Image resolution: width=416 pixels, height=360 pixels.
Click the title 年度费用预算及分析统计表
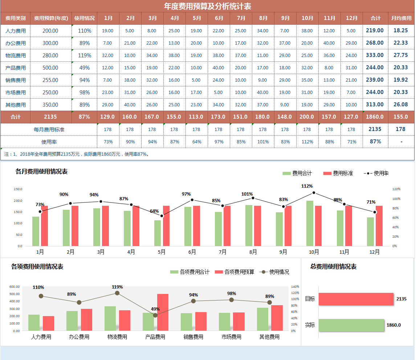click(207, 6)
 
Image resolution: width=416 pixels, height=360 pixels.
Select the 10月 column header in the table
click(307, 18)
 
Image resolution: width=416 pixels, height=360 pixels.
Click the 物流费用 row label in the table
click(16, 56)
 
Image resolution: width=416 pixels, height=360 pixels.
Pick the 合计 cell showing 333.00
click(375, 55)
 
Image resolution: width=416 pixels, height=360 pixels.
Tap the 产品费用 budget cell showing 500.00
click(50, 68)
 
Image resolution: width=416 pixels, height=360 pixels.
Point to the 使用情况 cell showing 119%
click(85, 56)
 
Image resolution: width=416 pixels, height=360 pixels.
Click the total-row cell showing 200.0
click(307, 117)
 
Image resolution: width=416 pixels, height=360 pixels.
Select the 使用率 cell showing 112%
click(307, 142)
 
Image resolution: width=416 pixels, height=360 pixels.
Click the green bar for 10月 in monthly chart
click(310, 223)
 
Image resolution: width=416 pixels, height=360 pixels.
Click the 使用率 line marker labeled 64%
click(162, 216)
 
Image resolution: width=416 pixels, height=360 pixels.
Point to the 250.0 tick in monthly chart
click(18, 189)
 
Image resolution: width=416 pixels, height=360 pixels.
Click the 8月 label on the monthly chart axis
click(253, 252)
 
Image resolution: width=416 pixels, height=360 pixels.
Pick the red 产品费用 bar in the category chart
click(163, 312)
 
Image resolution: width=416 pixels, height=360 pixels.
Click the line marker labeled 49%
click(155, 315)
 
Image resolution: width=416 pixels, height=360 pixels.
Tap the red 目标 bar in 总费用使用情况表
click(356, 299)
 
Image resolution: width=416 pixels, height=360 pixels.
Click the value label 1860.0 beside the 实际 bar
click(393, 325)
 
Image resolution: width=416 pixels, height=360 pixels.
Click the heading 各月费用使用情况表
click(41, 172)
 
